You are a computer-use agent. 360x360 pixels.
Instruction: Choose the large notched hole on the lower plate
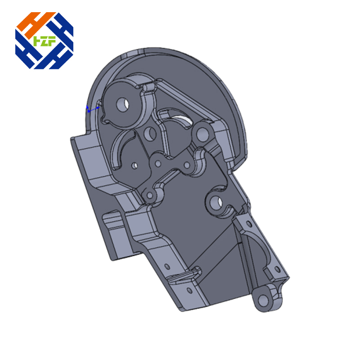click(216, 202)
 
